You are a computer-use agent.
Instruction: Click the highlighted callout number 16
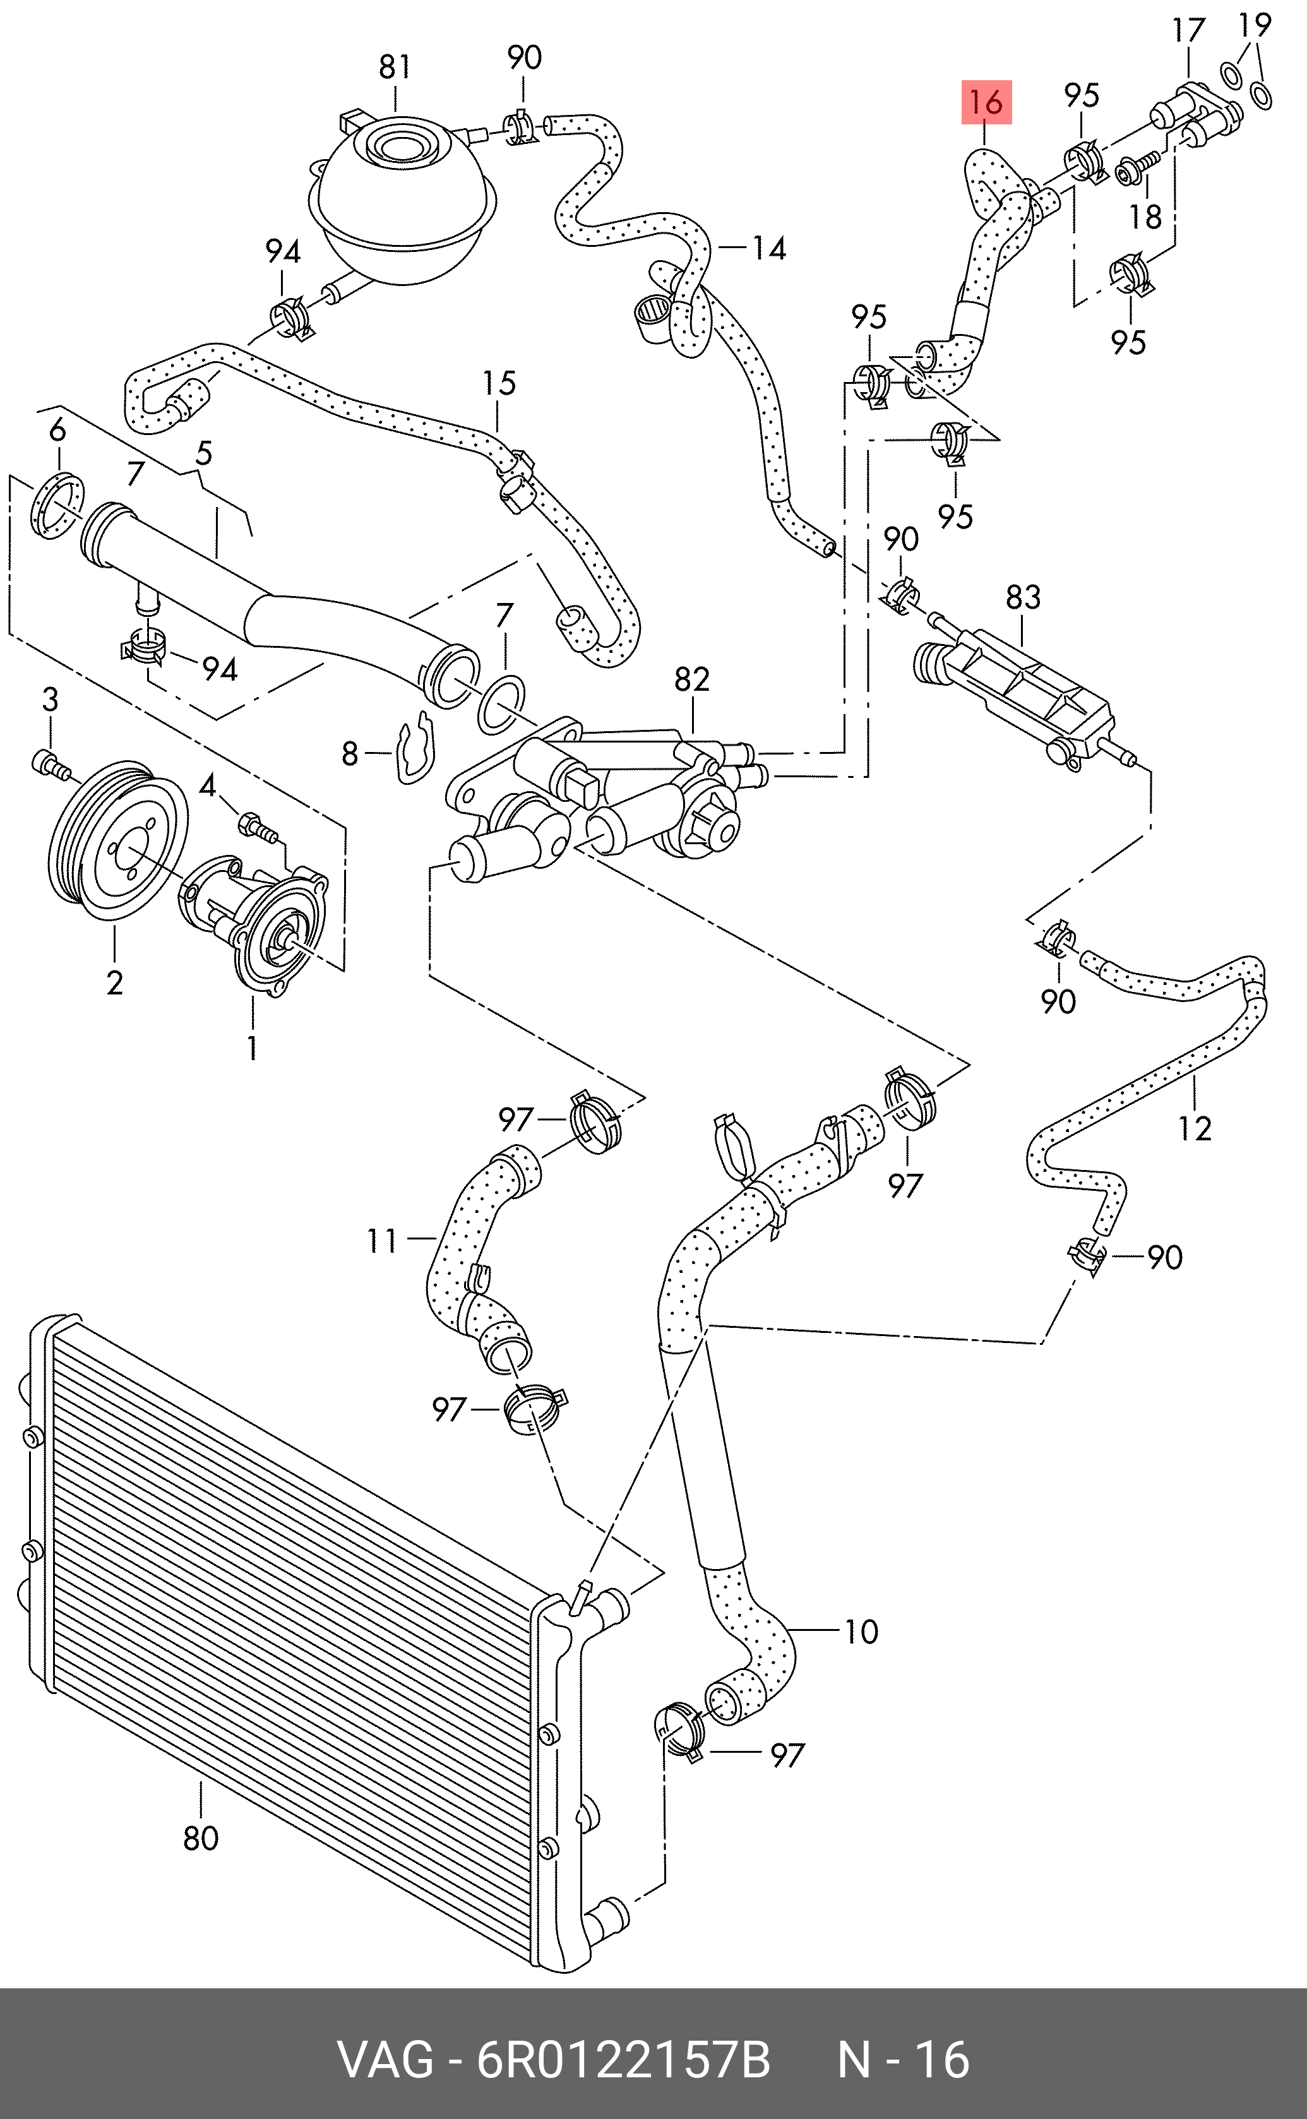coord(986,103)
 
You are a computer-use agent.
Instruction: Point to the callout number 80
coord(201,1837)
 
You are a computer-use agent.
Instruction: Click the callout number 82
coord(691,679)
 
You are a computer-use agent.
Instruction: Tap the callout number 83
coord(1024,597)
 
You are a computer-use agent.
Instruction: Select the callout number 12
coord(1195,1128)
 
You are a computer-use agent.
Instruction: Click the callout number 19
coord(1255,26)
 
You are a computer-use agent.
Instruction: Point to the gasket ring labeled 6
coord(59,506)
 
